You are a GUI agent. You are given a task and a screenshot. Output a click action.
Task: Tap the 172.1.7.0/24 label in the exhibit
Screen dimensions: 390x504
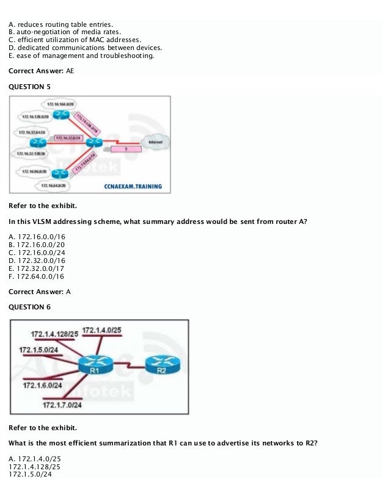(62, 404)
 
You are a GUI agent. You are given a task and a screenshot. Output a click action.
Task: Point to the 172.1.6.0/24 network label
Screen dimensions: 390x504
(42, 385)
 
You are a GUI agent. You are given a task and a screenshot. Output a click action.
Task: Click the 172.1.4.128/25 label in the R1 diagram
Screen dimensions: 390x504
(54, 334)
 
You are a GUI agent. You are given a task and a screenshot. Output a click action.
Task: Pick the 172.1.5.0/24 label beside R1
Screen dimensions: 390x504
(39, 350)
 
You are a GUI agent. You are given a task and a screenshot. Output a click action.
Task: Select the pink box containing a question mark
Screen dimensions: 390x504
(125, 148)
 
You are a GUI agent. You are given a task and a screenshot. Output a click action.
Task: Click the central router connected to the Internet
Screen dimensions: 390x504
(94, 142)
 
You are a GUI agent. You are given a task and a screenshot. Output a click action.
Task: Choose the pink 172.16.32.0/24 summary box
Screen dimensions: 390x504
(68, 138)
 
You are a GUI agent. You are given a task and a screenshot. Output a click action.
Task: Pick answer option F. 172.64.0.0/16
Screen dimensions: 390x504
(37, 276)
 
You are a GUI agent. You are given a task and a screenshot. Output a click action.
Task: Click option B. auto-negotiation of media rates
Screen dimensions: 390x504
(65, 32)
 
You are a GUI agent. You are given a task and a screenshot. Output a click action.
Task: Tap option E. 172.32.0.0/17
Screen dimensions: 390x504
(37, 268)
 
